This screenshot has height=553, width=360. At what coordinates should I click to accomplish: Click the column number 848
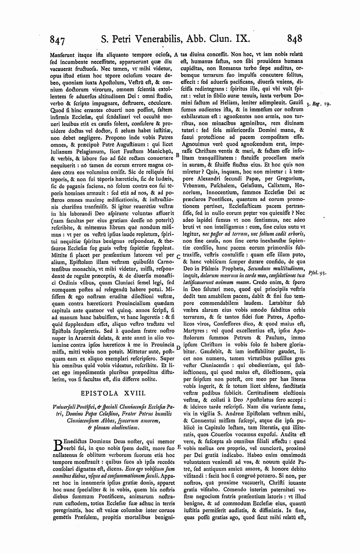pyautogui.click(x=295, y=38)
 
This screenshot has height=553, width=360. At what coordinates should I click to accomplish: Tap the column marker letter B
pyautogui.click(x=178, y=154)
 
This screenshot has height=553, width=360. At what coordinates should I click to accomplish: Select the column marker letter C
pyautogui.click(x=178, y=256)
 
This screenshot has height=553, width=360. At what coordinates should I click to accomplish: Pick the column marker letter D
pyautogui.click(x=178, y=348)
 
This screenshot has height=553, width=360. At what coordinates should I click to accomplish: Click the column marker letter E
pyautogui.click(x=179, y=447)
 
